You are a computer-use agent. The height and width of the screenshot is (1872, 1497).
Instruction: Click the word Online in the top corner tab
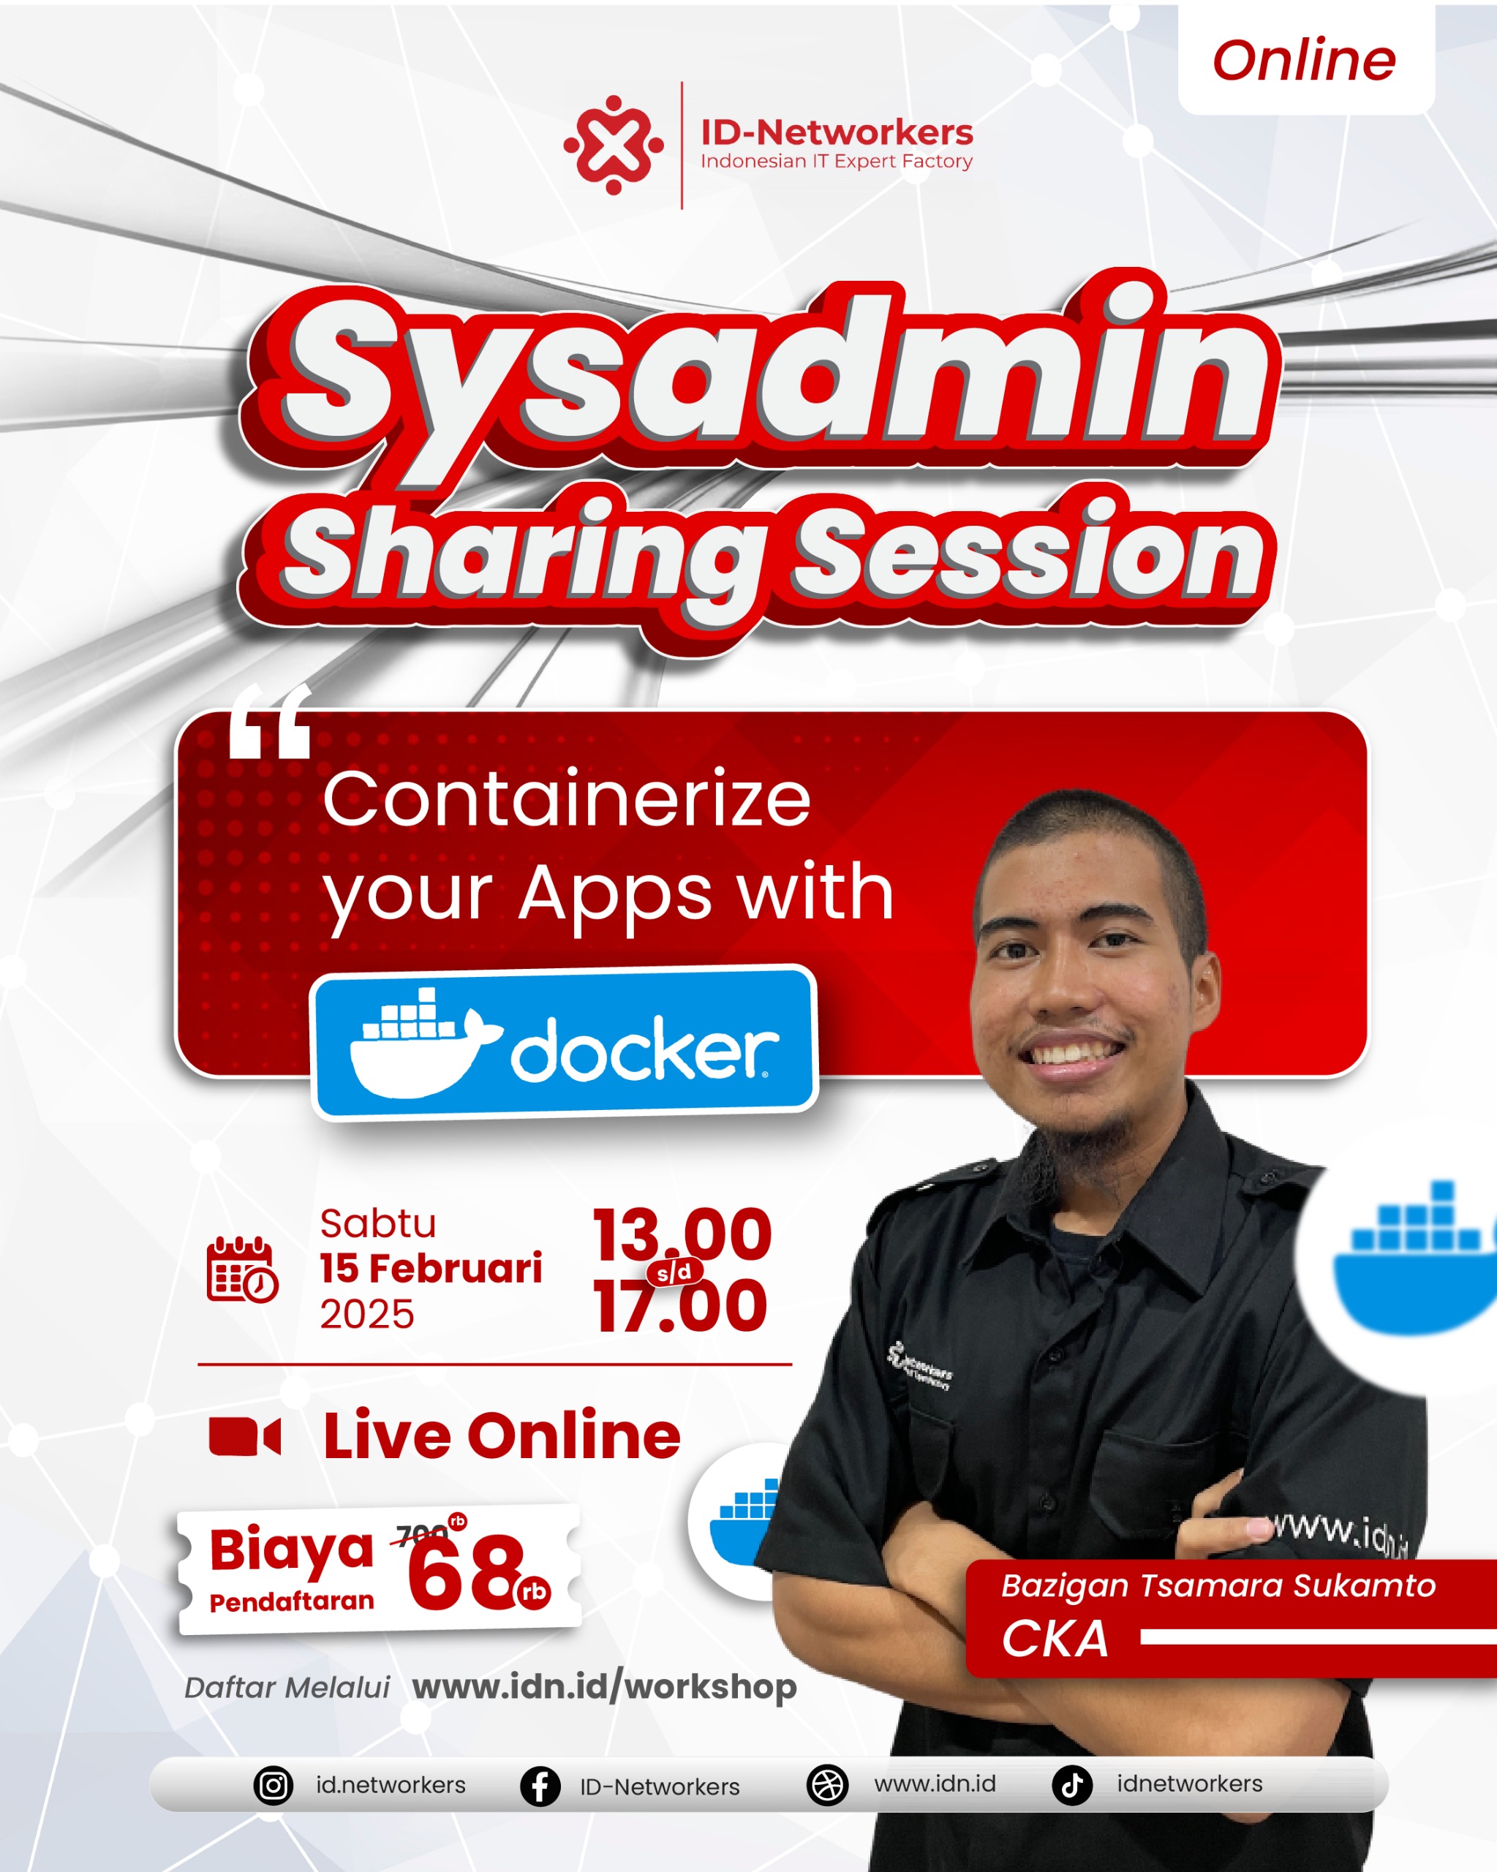pyautogui.click(x=1303, y=61)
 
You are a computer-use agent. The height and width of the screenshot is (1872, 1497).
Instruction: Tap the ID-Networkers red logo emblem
pyautogui.click(x=613, y=145)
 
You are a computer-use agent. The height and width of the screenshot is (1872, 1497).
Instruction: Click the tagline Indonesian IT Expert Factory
pyautogui.click(x=836, y=162)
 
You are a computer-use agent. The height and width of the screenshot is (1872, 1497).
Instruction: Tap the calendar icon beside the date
pyautogui.click(x=242, y=1269)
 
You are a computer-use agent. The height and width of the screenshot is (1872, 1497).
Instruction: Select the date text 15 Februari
pyautogui.click(x=431, y=1269)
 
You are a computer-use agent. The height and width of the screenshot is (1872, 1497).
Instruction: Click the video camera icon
pyautogui.click(x=245, y=1437)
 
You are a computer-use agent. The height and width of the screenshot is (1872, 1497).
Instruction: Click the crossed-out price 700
pyautogui.click(x=423, y=1535)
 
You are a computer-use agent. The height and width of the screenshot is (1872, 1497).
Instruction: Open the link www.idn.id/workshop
pyautogui.click(x=604, y=1686)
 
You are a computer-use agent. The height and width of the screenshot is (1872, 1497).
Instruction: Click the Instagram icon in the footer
pyautogui.click(x=274, y=1786)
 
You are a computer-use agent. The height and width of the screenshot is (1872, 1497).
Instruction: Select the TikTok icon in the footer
pyautogui.click(x=1072, y=1785)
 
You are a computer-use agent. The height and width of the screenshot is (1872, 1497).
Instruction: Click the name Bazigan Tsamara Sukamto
pyautogui.click(x=1218, y=1585)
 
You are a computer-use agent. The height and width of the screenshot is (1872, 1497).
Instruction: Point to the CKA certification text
pyautogui.click(x=1055, y=1639)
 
